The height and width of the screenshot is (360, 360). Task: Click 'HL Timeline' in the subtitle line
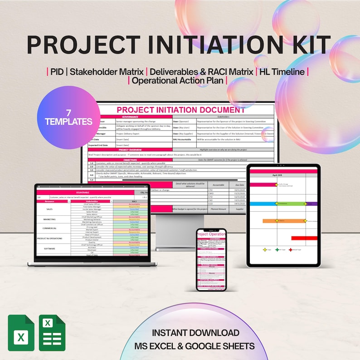click(282, 72)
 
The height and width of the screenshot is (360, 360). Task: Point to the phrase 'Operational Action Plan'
click(178, 81)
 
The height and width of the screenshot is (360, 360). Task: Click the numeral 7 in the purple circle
click(68, 112)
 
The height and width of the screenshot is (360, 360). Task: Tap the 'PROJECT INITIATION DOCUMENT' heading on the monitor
click(180, 110)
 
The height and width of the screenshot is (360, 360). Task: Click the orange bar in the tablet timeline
click(284, 221)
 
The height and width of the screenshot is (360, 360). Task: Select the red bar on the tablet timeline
click(304, 238)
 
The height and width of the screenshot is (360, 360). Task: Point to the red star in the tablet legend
click(291, 249)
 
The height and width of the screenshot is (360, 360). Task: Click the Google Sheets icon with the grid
click(53, 333)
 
